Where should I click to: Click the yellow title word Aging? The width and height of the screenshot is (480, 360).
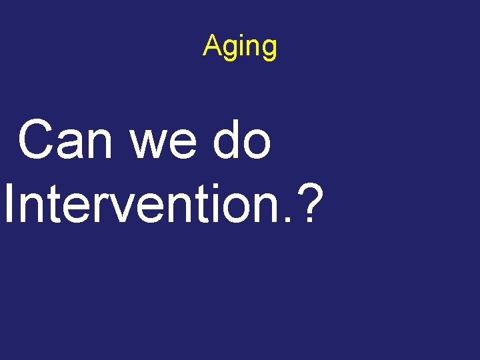pos(240,47)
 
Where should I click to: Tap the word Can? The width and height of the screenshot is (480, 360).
pos(65,141)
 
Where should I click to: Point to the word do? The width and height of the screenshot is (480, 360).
pos(243,141)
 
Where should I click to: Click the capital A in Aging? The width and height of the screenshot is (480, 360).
pos(211,46)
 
